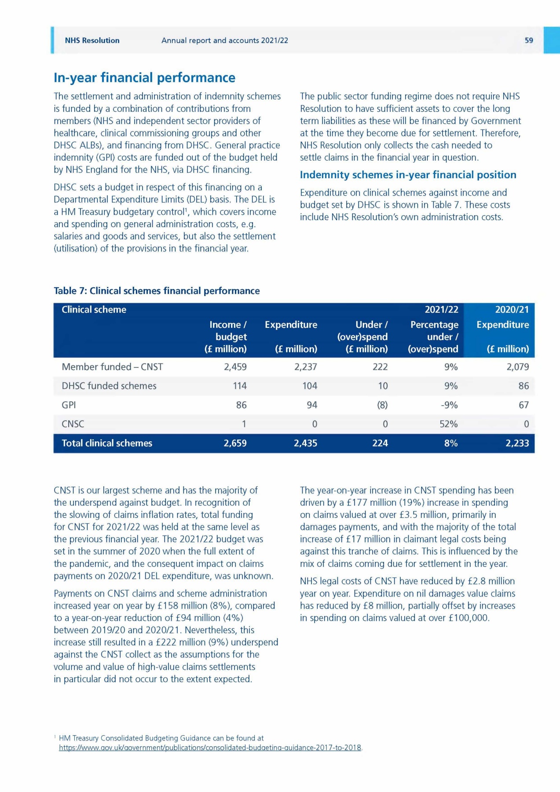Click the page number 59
[528, 40]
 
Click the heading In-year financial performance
[144, 78]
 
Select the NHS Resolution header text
[92, 40]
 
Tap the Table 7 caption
[157, 291]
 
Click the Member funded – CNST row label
[112, 367]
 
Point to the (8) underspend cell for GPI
[382, 405]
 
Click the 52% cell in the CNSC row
[448, 424]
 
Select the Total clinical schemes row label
[107, 443]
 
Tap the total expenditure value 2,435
[305, 443]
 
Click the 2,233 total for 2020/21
[517, 443]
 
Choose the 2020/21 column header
[512, 310]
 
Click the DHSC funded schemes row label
[109, 386]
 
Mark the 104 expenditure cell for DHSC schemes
[310, 386]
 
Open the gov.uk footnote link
[210, 748]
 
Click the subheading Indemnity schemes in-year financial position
[408, 175]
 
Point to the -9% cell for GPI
[449, 405]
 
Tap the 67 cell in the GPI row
[523, 405]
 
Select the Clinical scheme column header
[94, 310]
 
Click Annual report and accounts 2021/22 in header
[224, 40]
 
